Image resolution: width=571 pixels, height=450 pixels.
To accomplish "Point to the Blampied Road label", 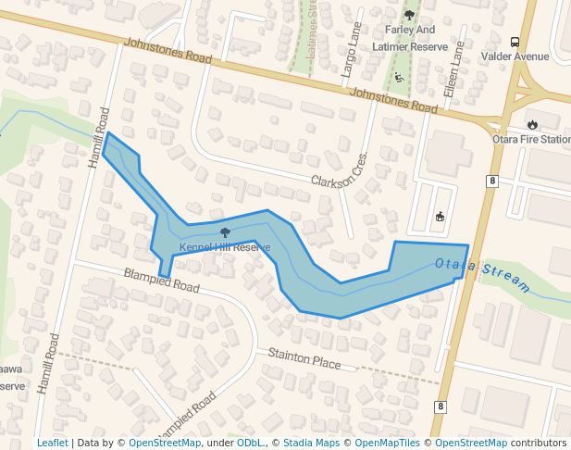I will tap(162, 281).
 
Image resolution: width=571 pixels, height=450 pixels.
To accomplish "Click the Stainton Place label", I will tap(304, 358).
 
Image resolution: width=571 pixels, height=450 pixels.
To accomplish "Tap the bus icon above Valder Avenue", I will tap(515, 41).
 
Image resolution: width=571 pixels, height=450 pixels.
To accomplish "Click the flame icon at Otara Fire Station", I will tap(532, 124).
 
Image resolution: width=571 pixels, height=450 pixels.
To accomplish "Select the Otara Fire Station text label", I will tap(531, 139).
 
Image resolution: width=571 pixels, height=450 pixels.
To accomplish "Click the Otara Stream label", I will tap(482, 274).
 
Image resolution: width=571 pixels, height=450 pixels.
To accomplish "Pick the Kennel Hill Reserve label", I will tap(225, 247).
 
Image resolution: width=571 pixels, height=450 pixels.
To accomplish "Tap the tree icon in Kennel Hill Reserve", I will tap(225, 232).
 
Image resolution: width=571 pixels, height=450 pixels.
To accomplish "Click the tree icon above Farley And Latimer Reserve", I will tap(410, 15).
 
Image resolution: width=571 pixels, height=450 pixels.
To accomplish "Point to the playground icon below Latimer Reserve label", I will tap(399, 77).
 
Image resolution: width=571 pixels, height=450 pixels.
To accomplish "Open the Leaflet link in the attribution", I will tap(52, 443).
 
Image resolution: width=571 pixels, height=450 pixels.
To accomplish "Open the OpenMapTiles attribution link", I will tap(387, 443).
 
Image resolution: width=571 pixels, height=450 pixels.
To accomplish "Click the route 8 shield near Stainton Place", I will tap(441, 406).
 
